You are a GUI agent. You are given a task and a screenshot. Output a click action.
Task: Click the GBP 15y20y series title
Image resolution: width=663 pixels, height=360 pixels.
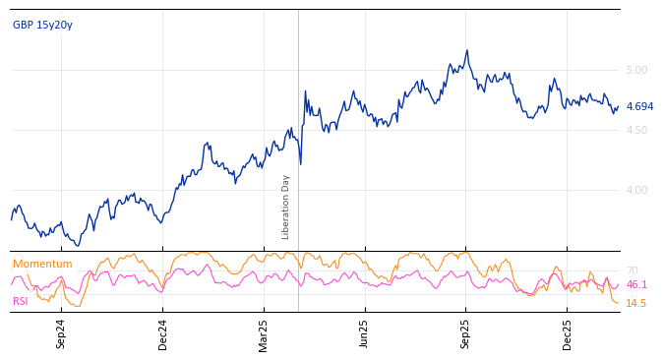tap(42, 25)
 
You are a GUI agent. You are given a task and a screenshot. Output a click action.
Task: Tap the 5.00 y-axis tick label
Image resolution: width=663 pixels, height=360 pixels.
tap(636, 70)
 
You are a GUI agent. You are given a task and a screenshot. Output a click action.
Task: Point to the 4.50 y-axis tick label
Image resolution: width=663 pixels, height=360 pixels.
tap(636, 130)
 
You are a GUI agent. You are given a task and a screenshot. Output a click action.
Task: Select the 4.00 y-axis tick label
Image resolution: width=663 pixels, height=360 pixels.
tap(636, 190)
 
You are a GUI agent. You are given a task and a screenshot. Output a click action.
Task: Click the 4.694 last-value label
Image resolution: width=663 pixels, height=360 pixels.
tap(639, 106)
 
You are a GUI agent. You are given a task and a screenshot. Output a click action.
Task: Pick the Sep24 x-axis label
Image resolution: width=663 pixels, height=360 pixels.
tap(61, 333)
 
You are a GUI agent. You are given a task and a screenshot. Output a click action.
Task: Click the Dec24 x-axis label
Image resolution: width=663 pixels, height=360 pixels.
tap(163, 333)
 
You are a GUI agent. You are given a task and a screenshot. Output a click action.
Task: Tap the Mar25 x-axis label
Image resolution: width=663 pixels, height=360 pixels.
tap(264, 333)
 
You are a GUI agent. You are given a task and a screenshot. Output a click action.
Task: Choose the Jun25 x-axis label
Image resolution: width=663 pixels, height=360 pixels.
tap(365, 333)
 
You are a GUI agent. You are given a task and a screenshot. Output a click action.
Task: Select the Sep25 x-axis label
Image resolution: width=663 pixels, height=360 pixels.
tap(466, 333)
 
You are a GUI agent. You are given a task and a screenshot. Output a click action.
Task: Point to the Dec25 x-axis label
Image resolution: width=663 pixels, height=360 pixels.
tap(568, 333)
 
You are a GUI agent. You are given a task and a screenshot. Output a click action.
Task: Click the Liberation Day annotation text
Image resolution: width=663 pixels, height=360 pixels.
tap(286, 207)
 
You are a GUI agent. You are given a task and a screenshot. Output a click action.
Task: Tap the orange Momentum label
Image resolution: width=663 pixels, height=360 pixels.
tap(42, 264)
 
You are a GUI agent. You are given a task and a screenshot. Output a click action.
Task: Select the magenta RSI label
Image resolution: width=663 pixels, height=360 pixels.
tap(21, 301)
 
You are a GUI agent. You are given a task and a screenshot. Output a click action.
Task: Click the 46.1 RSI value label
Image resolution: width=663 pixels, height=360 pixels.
tap(636, 284)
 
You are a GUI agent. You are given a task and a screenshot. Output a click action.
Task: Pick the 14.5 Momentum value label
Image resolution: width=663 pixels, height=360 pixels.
tap(636, 303)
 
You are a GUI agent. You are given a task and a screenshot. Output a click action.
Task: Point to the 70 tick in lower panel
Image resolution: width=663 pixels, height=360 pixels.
tap(632, 270)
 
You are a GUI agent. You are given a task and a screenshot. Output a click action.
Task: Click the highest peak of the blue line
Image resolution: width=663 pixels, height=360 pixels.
tap(467, 50)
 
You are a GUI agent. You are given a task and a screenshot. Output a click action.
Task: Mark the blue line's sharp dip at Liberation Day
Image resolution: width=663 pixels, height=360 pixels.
tap(300, 163)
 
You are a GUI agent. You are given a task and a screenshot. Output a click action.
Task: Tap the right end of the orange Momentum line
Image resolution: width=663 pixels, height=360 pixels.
tap(619, 302)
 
